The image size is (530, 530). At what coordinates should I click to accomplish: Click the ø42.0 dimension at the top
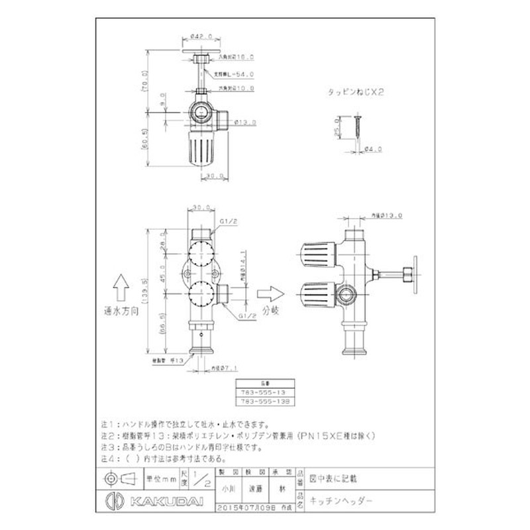199,36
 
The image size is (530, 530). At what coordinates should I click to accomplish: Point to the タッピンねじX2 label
356,94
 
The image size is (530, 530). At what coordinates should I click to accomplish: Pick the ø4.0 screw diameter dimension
374,150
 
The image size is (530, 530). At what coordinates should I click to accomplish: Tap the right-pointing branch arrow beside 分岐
267,291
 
